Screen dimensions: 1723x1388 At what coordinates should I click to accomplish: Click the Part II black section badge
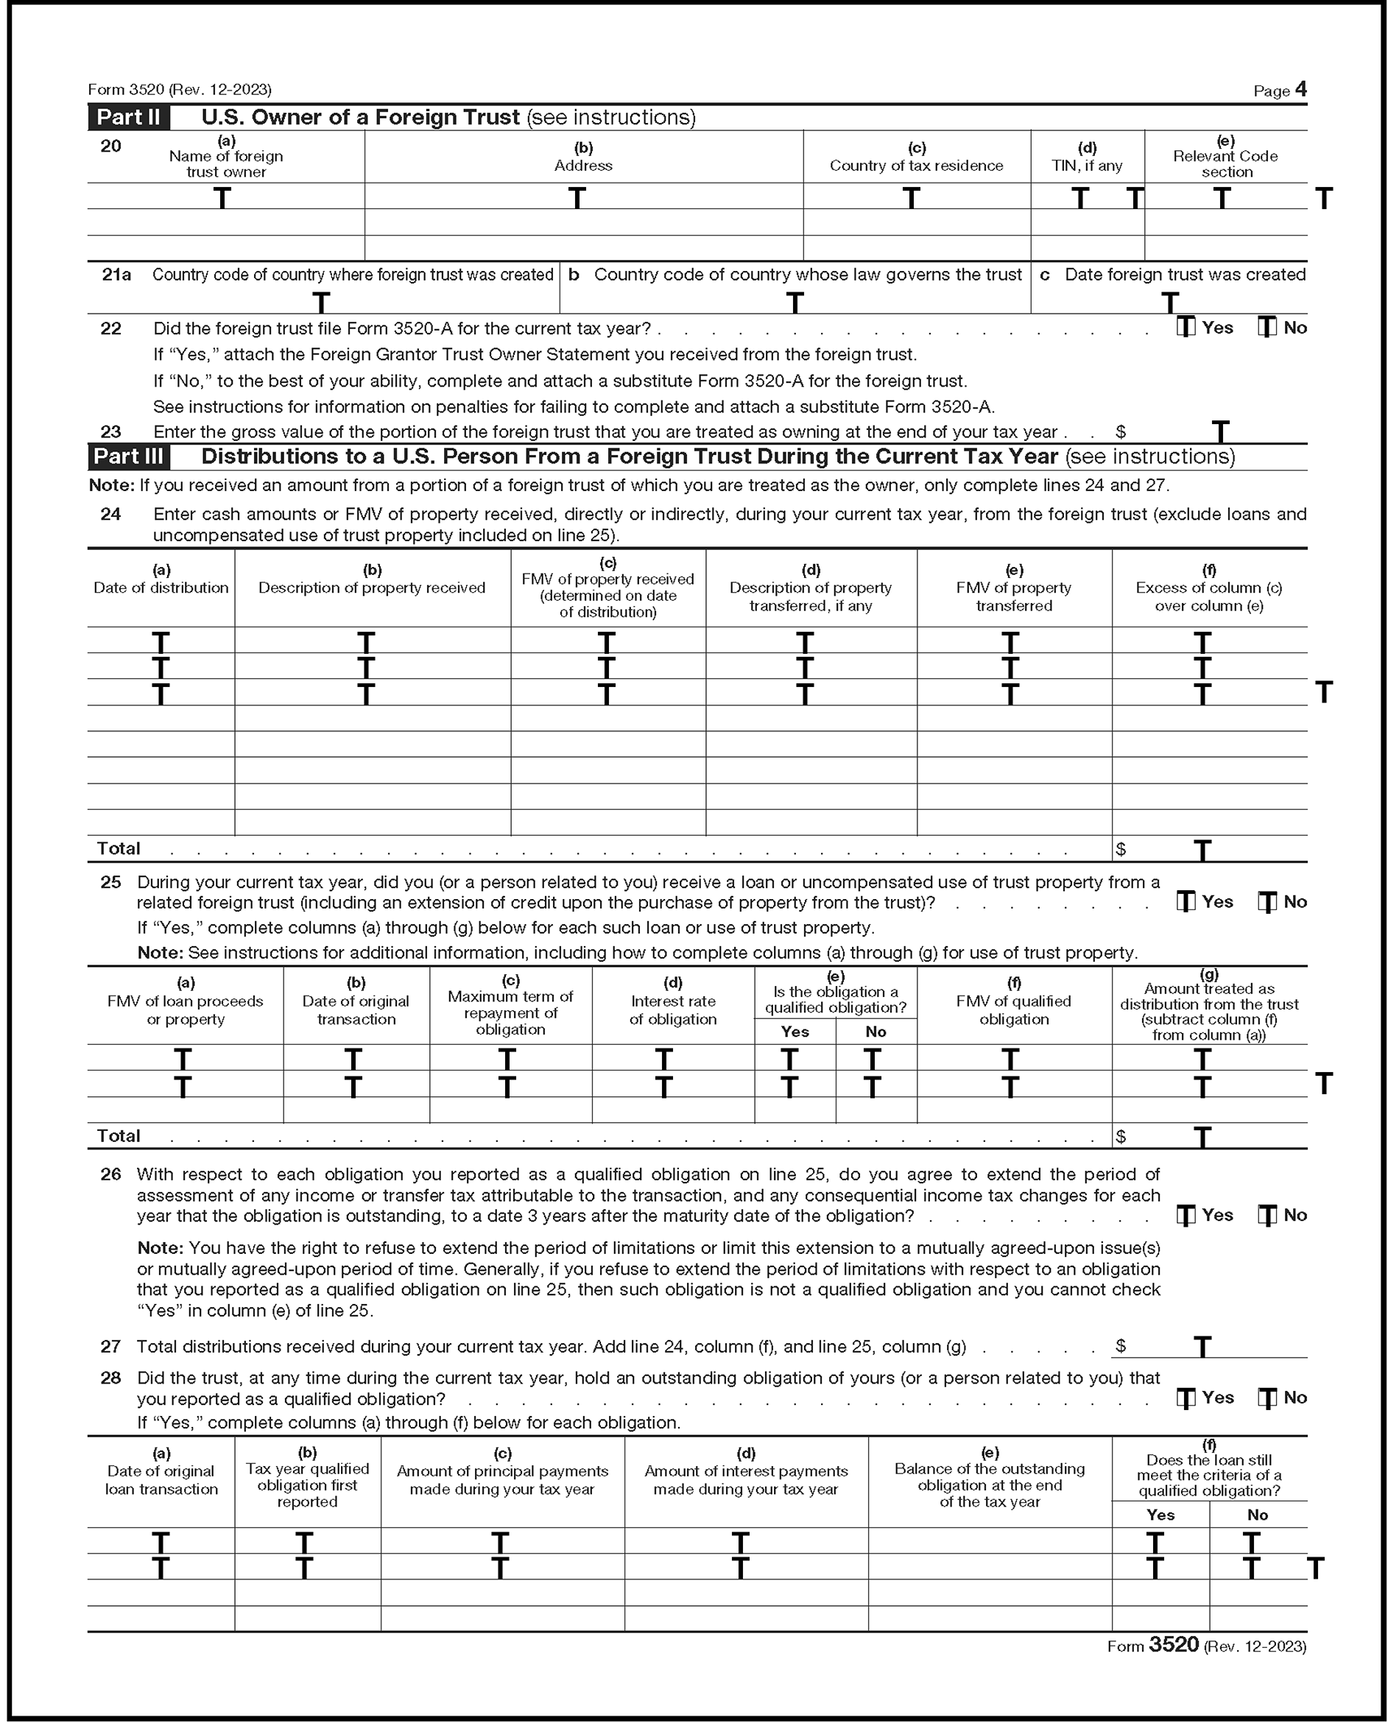point(128,118)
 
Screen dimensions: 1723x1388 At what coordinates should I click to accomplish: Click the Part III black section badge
point(128,457)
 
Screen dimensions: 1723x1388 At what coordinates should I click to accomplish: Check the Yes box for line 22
point(1186,327)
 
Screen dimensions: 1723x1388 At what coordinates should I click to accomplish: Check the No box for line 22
point(1267,327)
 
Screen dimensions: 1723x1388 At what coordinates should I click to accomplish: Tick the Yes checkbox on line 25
point(1186,901)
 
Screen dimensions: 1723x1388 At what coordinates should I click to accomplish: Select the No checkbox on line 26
point(1267,1214)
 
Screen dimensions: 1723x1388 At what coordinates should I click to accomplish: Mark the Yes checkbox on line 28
point(1186,1397)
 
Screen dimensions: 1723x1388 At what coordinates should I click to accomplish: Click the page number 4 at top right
point(1301,89)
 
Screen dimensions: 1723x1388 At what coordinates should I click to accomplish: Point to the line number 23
point(110,431)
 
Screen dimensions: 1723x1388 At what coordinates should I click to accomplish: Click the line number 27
point(110,1347)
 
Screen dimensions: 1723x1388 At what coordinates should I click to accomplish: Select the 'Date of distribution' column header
point(161,588)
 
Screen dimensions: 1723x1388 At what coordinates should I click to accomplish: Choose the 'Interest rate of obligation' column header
point(672,1010)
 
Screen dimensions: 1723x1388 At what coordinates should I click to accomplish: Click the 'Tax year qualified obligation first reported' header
point(307,1484)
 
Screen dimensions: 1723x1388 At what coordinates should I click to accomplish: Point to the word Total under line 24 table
point(119,848)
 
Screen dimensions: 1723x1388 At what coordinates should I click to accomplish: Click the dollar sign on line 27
point(1120,1347)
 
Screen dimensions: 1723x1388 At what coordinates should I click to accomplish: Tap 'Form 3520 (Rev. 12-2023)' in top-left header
point(180,90)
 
